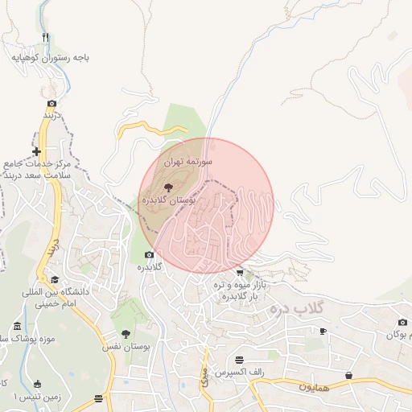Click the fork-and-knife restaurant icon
(46, 37)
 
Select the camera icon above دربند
(52, 104)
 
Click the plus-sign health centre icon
(36, 151)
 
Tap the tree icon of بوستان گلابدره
(167, 186)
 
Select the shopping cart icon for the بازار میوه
(240, 273)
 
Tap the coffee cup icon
(323, 331)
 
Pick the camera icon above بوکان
(402, 322)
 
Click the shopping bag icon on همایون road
(348, 375)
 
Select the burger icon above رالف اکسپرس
(239, 359)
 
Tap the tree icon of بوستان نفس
(126, 333)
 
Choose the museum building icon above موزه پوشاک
(18, 326)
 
